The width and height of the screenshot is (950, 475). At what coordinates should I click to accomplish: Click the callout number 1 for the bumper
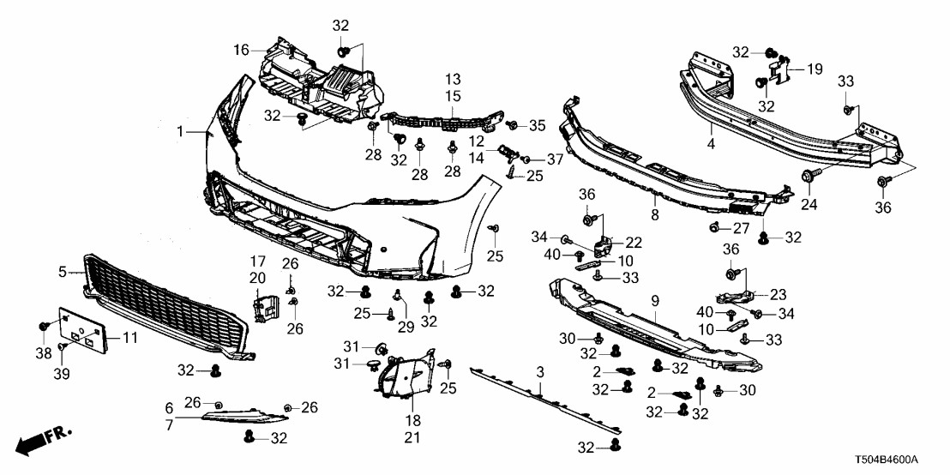click(x=180, y=131)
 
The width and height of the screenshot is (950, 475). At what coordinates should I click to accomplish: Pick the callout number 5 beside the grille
click(x=63, y=272)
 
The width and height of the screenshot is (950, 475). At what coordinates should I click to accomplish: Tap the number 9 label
click(x=654, y=301)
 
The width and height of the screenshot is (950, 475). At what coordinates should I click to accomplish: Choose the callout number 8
click(x=654, y=216)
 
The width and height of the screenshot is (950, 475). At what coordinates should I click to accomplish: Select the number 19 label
click(x=815, y=68)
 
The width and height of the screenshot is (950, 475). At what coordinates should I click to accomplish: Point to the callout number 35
click(x=537, y=126)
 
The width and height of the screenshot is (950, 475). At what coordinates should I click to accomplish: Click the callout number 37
click(x=556, y=159)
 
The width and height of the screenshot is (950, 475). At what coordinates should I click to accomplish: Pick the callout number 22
click(x=634, y=242)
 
